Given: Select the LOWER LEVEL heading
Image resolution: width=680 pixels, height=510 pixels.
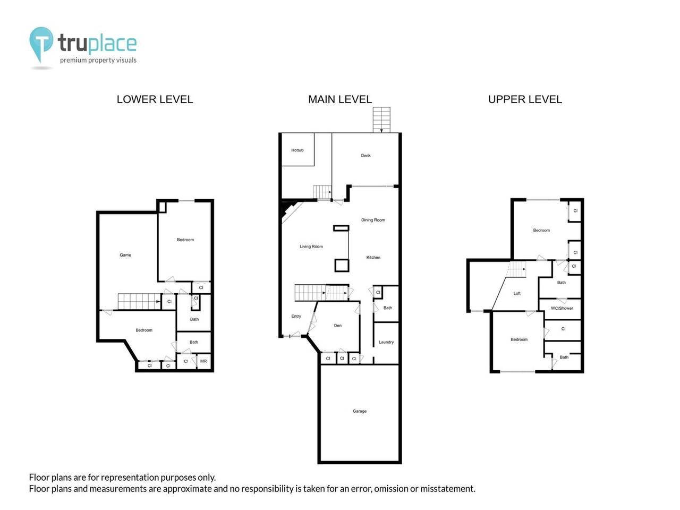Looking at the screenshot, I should click(155, 99).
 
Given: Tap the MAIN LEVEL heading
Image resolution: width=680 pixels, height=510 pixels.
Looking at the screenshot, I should click(340, 99).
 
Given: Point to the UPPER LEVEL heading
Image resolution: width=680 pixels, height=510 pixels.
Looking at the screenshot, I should click(525, 99).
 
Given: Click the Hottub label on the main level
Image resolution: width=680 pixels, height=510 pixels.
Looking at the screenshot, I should click(297, 150).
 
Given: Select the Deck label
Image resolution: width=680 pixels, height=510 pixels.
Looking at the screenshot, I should click(365, 156).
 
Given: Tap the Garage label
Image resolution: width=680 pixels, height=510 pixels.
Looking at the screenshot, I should click(360, 411).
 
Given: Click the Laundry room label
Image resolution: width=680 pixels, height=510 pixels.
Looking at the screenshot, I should click(386, 342).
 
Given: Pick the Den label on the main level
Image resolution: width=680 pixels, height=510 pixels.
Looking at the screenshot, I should click(338, 326).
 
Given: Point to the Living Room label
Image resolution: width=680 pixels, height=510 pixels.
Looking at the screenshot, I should click(311, 246).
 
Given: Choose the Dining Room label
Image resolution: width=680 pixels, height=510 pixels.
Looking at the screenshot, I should click(373, 220).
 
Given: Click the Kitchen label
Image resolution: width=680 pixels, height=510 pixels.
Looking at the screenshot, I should click(373, 258).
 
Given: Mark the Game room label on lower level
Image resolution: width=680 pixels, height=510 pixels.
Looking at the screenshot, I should click(125, 255).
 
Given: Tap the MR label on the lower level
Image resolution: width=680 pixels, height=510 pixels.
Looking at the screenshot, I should click(203, 361).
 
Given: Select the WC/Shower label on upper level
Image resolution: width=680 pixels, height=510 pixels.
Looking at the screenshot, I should click(562, 308).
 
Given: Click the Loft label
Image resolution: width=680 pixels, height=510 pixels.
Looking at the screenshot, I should click(517, 293).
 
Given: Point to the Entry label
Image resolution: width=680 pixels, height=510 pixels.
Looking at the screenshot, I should click(296, 316).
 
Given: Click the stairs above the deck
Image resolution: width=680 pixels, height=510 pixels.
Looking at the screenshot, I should click(381, 120).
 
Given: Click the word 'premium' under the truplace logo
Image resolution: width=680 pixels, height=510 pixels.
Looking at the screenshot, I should click(73, 61).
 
